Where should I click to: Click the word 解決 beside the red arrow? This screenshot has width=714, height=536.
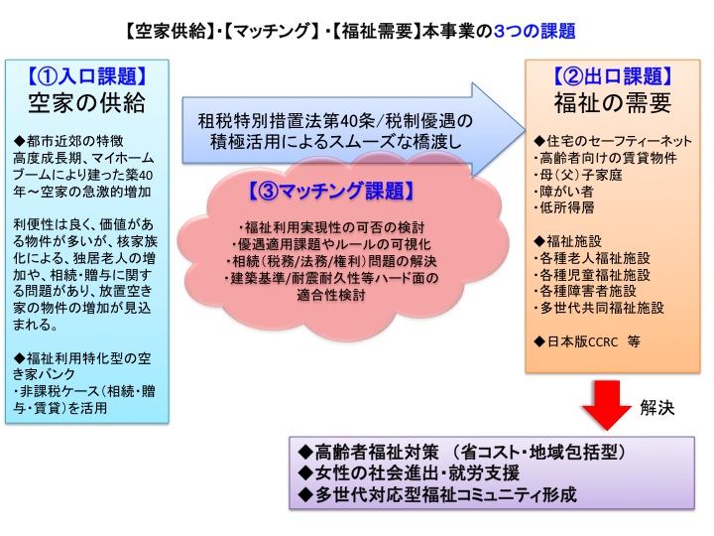(657, 408)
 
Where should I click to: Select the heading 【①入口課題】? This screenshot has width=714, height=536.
(87, 76)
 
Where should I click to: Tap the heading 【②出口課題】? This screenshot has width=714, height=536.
(613, 76)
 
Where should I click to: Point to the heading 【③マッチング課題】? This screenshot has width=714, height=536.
(331, 191)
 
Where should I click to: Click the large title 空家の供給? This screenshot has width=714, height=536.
(87, 102)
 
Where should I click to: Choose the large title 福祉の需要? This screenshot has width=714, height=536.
(613, 102)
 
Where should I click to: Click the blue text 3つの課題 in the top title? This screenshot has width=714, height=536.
(535, 31)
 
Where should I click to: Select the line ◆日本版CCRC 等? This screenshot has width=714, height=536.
(586, 341)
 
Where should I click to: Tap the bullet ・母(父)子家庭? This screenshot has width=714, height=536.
(578, 175)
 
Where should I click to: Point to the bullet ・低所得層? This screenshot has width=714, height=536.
(563, 207)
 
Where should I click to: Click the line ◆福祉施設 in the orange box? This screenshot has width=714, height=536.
(567, 241)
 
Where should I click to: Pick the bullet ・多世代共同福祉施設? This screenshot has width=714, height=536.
(599, 308)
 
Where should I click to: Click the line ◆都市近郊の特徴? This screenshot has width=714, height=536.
(68, 141)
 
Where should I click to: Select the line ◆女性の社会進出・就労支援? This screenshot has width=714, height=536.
(409, 473)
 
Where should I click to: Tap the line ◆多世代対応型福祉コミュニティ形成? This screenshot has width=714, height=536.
(437, 494)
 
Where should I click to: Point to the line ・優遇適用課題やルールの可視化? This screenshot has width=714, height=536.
(331, 244)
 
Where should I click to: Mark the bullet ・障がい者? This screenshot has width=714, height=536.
(563, 192)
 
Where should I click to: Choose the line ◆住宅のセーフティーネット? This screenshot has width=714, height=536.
(613, 141)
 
